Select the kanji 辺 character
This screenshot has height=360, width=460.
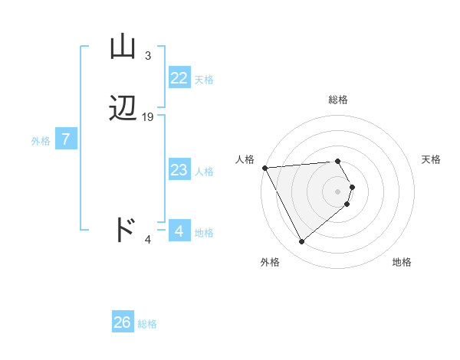click(123, 110)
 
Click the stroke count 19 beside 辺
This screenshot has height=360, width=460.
click(148, 117)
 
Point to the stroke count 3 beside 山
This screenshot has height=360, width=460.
click(147, 56)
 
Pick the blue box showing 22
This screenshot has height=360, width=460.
click(179, 78)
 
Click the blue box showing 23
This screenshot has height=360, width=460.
click(179, 170)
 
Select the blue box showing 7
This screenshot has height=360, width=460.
click(66, 139)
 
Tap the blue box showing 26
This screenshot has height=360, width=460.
click(122, 322)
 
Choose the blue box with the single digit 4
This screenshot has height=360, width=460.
click(179, 231)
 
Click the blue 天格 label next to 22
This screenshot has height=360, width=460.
click(204, 80)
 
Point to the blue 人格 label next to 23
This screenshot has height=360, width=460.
click(204, 172)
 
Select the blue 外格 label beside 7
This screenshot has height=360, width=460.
click(40, 141)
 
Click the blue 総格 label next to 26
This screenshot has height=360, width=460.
click(147, 324)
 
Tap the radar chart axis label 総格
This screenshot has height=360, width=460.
click(337, 100)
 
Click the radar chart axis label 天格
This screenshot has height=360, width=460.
click(431, 159)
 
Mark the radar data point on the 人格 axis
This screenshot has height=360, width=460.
click(264, 167)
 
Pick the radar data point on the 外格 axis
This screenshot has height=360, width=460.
click(301, 242)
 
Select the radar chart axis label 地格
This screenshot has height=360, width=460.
click(402, 262)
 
